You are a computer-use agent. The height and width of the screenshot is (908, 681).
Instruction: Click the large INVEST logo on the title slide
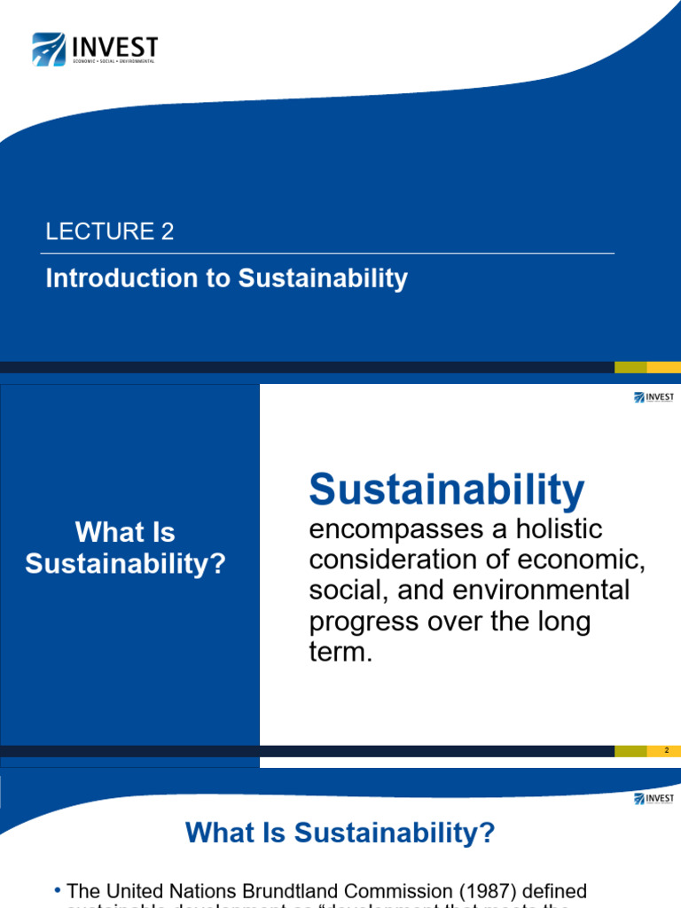(x=95, y=49)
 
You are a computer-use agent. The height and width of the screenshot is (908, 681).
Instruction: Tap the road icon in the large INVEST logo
(x=49, y=50)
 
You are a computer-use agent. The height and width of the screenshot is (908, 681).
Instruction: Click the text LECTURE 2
(x=110, y=232)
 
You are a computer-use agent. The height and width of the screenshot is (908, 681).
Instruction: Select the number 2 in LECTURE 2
(x=168, y=232)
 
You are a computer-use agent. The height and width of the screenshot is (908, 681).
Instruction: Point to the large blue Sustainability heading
(x=447, y=489)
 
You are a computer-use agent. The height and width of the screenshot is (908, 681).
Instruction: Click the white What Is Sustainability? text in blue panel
(x=126, y=548)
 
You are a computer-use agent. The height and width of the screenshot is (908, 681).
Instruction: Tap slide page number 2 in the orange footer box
(x=665, y=751)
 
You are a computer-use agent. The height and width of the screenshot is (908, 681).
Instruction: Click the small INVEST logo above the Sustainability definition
(x=654, y=397)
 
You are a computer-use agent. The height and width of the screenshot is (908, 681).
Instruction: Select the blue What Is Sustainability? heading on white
(x=340, y=833)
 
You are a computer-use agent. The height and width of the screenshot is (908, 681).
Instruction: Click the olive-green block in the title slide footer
(x=630, y=367)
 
